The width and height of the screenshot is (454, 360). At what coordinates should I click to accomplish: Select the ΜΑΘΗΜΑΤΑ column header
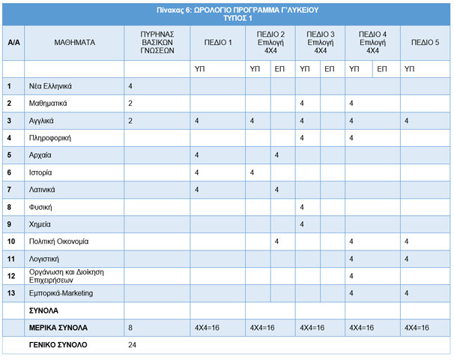pyautogui.click(x=75, y=43)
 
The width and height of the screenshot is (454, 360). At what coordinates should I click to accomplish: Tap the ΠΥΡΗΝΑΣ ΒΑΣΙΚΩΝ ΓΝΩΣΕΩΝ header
pyautogui.click(x=157, y=43)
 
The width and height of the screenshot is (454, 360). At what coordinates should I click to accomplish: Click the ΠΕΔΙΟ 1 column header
pyautogui.click(x=218, y=43)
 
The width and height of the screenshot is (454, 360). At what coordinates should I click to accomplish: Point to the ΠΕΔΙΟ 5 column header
pyautogui.click(x=425, y=43)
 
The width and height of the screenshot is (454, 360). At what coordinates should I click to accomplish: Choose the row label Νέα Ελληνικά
pyautogui.click(x=50, y=86)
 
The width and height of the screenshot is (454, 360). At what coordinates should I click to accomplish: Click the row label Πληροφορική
pyautogui.click(x=49, y=138)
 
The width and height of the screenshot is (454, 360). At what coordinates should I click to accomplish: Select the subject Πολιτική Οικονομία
pyautogui.click(x=58, y=241)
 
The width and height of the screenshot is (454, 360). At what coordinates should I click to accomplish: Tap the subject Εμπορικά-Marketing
pyautogui.click(x=61, y=293)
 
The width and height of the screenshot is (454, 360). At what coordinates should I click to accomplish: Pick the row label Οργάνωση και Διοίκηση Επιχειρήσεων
pyautogui.click(x=67, y=276)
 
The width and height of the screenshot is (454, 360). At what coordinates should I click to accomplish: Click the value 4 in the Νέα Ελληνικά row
pyautogui.click(x=130, y=86)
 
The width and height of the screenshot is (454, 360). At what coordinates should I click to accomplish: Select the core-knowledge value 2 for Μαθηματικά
pyautogui.click(x=130, y=103)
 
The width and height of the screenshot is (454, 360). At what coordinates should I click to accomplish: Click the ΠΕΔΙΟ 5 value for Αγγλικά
pyautogui.click(x=407, y=121)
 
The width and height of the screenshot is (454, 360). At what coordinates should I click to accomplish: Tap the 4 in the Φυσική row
pyautogui.click(x=302, y=207)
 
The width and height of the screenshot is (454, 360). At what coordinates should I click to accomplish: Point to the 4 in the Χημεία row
pyautogui.click(x=302, y=224)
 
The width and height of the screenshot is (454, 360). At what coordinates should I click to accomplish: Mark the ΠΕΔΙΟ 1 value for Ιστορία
pyautogui.click(x=196, y=172)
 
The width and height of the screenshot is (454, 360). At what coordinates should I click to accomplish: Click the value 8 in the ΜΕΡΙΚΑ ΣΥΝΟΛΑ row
pyautogui.click(x=130, y=328)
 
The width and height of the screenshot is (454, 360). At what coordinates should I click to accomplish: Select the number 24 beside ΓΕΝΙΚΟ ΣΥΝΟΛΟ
pyautogui.click(x=133, y=345)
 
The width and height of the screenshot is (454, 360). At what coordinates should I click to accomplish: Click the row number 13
pyautogui.click(x=11, y=293)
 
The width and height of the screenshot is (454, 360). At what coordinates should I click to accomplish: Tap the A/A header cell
pyautogui.click(x=13, y=43)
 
